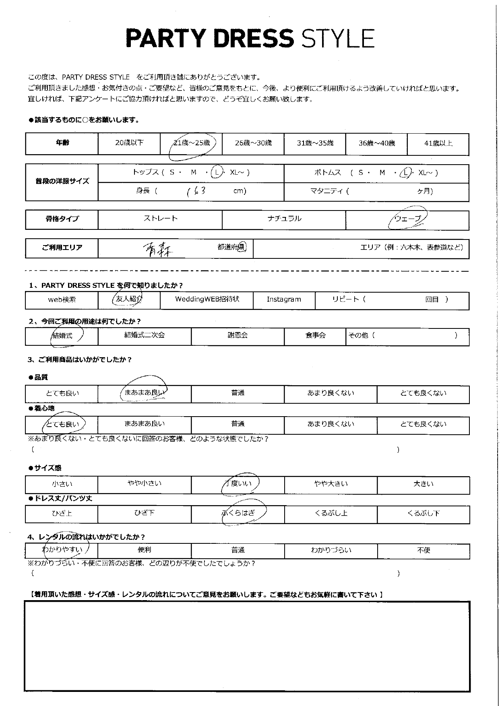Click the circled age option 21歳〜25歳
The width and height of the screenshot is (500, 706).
point(191,143)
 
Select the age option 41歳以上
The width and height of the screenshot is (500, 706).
point(438,143)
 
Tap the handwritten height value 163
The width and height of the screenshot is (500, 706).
point(197,191)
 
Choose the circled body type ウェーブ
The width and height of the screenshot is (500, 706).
point(407,219)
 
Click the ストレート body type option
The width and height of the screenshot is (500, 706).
point(160,219)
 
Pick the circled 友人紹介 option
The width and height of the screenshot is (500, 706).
point(128,299)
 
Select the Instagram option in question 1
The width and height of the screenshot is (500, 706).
point(284,299)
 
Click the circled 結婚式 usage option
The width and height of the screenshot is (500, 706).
point(63,335)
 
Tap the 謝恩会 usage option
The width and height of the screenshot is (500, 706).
point(238,335)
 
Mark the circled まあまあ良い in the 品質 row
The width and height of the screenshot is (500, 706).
point(144,393)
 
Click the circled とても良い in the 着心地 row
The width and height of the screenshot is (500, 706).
point(63,424)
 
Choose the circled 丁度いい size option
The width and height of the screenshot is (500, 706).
point(238,483)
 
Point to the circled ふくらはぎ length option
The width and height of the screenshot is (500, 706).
point(238,513)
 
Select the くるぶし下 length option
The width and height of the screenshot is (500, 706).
point(424,513)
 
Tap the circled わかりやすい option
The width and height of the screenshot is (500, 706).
point(62,550)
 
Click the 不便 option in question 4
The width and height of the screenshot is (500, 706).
point(424,550)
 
